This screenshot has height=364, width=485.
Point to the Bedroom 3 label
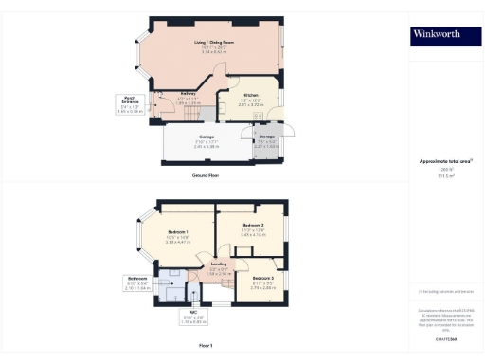[263, 280]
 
